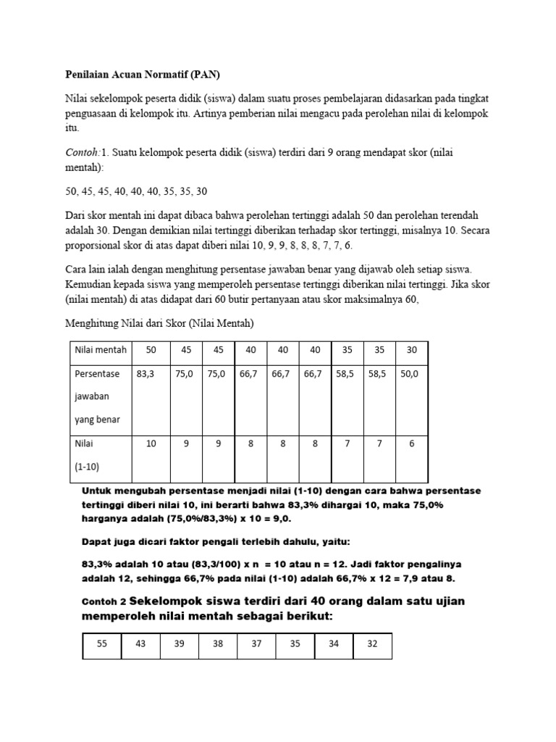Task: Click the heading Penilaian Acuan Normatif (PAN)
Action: pyautogui.click(x=134, y=75)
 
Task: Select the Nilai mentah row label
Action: pyautogui.click(x=101, y=350)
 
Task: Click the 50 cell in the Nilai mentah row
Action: pyautogui.click(x=151, y=350)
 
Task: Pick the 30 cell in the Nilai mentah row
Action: pyautogui.click(x=411, y=350)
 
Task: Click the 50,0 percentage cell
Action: pyautogui.click(x=410, y=375)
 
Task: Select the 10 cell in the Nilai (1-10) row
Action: pyautogui.click(x=151, y=443)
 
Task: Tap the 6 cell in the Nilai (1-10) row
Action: pyautogui.click(x=411, y=443)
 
